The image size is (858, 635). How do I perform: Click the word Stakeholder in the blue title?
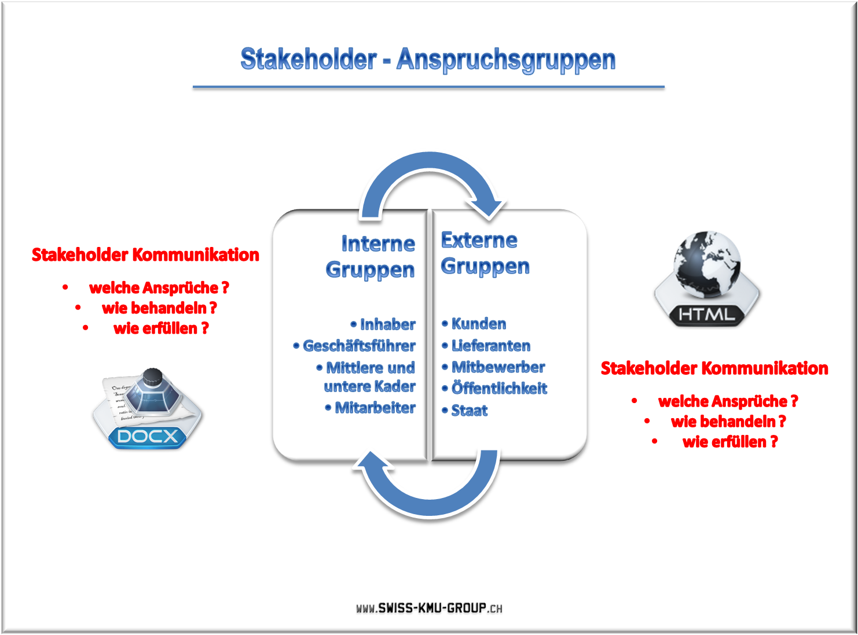(x=309, y=59)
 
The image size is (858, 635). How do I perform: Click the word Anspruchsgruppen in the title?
(x=506, y=60)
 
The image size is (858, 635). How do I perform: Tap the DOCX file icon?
(x=147, y=408)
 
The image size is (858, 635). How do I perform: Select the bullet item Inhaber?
(x=383, y=324)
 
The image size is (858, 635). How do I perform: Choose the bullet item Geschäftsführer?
(x=354, y=345)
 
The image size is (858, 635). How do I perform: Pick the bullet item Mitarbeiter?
(x=370, y=407)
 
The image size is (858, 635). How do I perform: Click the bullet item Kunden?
(x=474, y=323)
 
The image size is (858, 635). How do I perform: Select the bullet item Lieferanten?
(x=486, y=345)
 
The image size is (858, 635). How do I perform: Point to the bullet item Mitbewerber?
(x=493, y=367)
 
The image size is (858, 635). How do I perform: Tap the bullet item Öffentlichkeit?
(x=494, y=387)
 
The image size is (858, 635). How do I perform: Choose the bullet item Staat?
(x=464, y=410)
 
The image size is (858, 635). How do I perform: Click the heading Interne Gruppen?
(x=371, y=256)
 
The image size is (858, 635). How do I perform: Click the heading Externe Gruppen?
(x=485, y=253)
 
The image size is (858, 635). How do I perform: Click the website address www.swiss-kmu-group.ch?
(x=429, y=608)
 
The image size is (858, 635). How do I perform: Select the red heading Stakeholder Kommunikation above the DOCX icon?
(x=145, y=254)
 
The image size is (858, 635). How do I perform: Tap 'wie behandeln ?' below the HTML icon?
(x=728, y=421)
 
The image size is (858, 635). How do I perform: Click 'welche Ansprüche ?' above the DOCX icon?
(x=159, y=287)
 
